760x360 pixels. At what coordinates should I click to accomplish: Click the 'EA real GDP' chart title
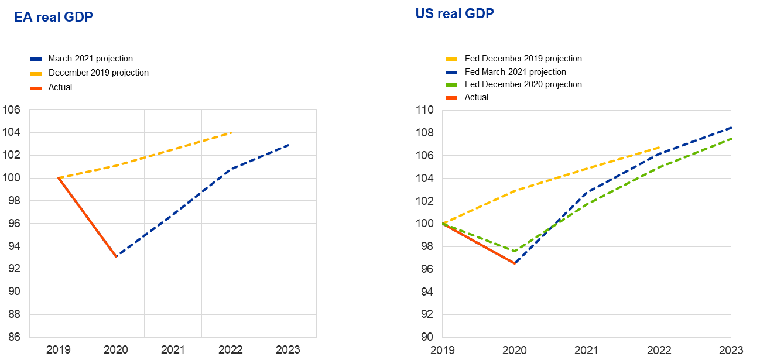[x=54, y=18]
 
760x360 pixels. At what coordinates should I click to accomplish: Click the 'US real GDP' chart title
[x=454, y=13]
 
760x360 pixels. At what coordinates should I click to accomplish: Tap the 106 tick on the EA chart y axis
[x=12, y=109]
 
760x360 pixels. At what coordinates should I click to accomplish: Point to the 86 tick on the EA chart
[x=12, y=337]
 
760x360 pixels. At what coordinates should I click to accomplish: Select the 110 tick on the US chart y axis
[x=424, y=110]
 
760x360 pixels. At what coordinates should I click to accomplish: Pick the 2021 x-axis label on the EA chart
[x=173, y=349]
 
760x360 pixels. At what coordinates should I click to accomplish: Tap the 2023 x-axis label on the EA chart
[x=287, y=349]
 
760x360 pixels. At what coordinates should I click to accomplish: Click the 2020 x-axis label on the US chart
[x=515, y=349]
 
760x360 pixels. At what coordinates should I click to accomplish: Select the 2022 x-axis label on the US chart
[x=659, y=349]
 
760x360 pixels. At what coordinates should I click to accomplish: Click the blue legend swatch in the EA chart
[x=36, y=59]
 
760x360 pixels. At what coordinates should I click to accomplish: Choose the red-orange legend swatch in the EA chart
[x=36, y=88]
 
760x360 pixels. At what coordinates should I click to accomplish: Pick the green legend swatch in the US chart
[x=451, y=85]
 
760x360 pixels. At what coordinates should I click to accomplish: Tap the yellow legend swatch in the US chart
[x=451, y=59]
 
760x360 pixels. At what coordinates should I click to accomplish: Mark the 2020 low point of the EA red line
[x=116, y=256]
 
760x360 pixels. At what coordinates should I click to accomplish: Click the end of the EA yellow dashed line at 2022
[x=231, y=133]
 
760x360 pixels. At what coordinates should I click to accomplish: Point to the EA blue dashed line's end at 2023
[x=288, y=144]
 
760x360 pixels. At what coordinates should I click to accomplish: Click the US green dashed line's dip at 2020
[x=515, y=251]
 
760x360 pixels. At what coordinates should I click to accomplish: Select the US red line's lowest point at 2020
[x=515, y=263]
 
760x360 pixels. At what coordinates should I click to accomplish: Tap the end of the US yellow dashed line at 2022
[x=659, y=147]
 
